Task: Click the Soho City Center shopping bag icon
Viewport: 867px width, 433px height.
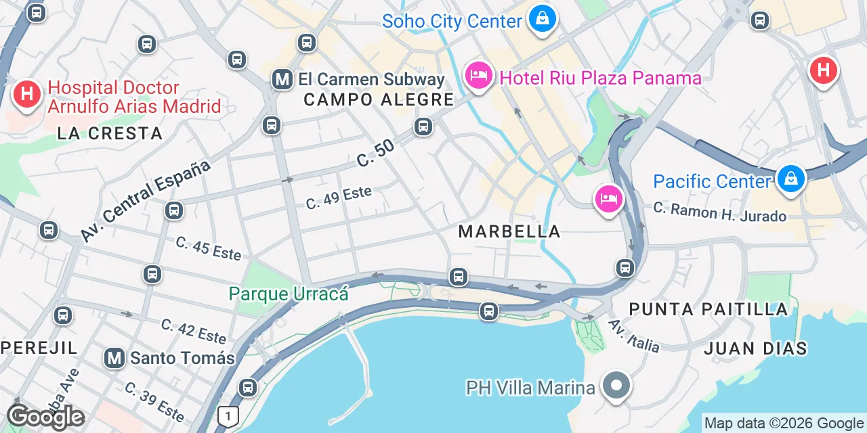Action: pyautogui.click(x=543, y=19)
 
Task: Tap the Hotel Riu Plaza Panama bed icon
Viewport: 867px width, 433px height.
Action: pyautogui.click(x=478, y=76)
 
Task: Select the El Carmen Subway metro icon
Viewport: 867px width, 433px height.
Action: pyautogui.click(x=282, y=80)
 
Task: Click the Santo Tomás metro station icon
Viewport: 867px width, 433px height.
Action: pyautogui.click(x=114, y=358)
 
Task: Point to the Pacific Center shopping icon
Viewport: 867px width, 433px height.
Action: pyautogui.click(x=790, y=180)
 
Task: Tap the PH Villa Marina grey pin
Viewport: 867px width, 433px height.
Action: pyautogui.click(x=616, y=386)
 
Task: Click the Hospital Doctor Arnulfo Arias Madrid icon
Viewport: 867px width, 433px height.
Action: pyautogui.click(x=27, y=93)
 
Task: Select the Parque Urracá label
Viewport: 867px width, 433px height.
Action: pyautogui.click(x=289, y=294)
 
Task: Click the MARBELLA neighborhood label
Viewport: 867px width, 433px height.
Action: pyautogui.click(x=509, y=231)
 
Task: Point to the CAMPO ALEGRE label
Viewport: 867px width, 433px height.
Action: pyautogui.click(x=378, y=100)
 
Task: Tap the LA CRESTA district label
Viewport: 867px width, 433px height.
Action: pyautogui.click(x=110, y=133)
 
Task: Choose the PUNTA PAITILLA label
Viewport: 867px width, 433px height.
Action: pyautogui.click(x=709, y=310)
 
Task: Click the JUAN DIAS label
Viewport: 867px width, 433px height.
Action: pyautogui.click(x=755, y=348)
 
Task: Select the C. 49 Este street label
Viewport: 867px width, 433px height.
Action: pyautogui.click(x=339, y=197)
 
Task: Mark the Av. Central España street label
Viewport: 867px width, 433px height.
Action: pyautogui.click(x=145, y=201)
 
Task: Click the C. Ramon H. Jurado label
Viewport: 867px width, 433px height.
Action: pyautogui.click(x=719, y=212)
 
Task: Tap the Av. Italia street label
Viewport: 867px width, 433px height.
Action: pyautogui.click(x=633, y=336)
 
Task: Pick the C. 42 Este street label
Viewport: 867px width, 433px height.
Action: pyautogui.click(x=193, y=331)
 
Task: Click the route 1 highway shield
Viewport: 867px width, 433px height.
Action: pyautogui.click(x=229, y=417)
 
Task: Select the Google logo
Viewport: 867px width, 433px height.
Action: pyautogui.click(x=45, y=417)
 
